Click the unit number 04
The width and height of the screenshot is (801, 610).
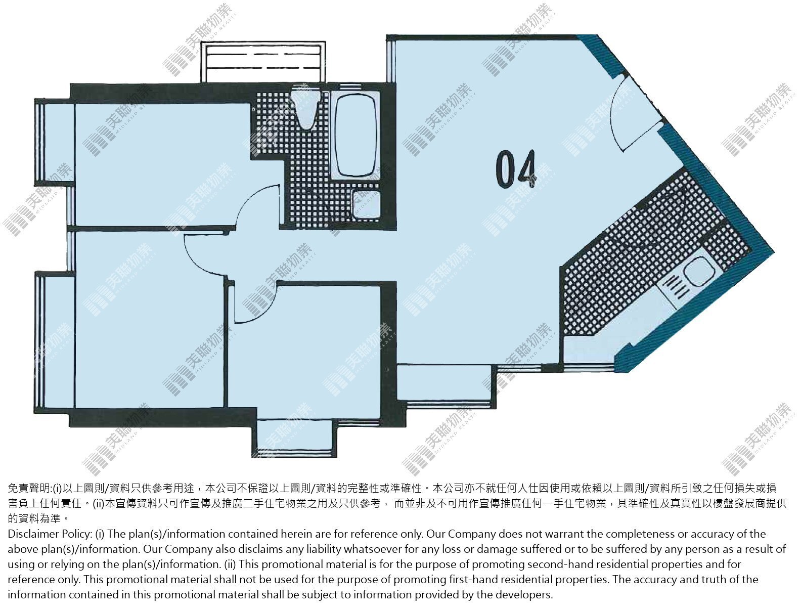coord(516,169)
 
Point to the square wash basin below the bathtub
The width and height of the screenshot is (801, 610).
coord(367,204)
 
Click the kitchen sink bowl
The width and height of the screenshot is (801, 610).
coord(699,272)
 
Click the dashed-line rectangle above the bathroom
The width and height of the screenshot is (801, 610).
coord(263,62)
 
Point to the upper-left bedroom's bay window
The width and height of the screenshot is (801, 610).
coord(55,142)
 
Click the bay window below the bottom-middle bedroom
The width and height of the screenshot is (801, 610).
coord(294,438)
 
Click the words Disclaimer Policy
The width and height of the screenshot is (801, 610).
coord(50,534)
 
